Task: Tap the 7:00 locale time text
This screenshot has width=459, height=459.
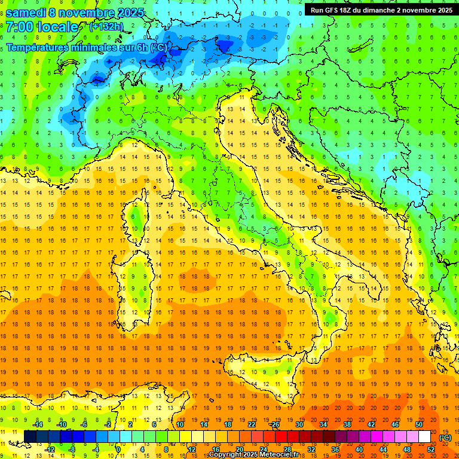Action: click(42, 27)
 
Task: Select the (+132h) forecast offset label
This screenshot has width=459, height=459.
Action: click(106, 27)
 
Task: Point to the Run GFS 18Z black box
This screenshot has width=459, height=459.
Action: click(380, 10)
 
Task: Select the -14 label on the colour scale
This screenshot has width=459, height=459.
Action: click(38, 424)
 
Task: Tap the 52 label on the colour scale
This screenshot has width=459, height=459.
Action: click(431, 449)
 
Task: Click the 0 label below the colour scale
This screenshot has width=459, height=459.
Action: click(118, 449)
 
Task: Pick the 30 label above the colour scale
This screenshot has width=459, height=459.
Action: click(299, 424)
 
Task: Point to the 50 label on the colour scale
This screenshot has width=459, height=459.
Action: click(419, 424)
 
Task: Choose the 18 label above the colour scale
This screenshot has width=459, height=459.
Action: click(228, 424)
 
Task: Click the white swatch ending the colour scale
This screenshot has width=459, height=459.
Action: click(424, 437)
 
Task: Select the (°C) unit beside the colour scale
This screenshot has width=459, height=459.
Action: click(445, 437)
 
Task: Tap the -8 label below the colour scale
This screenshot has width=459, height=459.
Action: click(72, 449)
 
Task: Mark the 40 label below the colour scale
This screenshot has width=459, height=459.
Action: click(359, 449)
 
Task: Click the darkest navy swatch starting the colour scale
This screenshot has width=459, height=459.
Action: click(30, 437)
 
